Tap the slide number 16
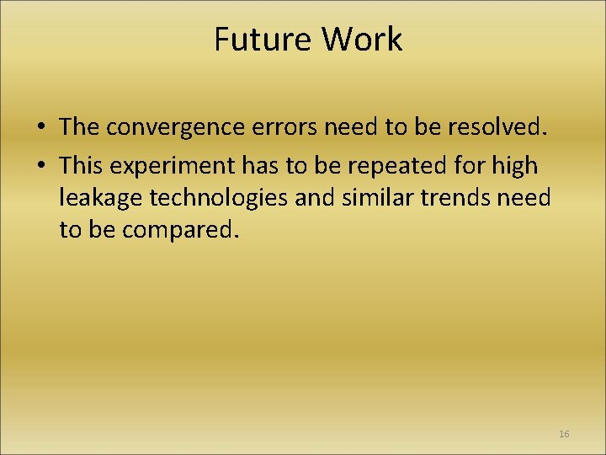click(x=564, y=434)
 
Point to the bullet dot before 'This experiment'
click(x=40, y=165)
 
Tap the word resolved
click(x=500, y=127)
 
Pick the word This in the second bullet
click(x=82, y=165)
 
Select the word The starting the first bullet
click(x=79, y=127)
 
